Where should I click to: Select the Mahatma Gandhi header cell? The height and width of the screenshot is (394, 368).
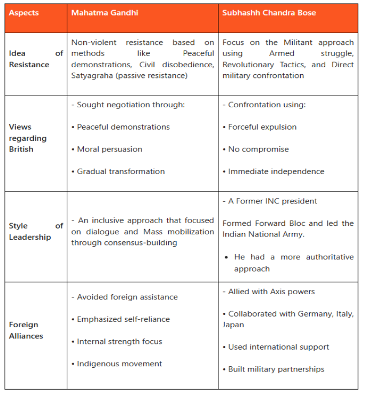[x=105, y=12]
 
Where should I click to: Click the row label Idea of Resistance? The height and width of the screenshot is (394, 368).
[x=36, y=59]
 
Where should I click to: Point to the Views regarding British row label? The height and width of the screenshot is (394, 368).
[x=28, y=138]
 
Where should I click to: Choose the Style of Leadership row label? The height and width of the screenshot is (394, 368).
[x=36, y=231]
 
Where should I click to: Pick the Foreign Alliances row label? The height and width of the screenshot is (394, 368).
[x=26, y=330]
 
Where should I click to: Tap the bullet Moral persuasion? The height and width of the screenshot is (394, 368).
[x=109, y=149]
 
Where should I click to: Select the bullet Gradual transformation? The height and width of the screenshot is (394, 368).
[x=120, y=171]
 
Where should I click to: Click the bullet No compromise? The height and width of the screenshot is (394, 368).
[x=258, y=149]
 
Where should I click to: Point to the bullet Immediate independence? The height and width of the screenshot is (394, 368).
[x=276, y=171]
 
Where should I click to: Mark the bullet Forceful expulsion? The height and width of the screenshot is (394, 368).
[x=262, y=127]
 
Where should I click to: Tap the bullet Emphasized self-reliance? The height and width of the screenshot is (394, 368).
[x=123, y=319]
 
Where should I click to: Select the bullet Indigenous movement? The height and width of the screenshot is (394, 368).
[x=119, y=364]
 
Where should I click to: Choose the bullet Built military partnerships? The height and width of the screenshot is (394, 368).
[x=276, y=369]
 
